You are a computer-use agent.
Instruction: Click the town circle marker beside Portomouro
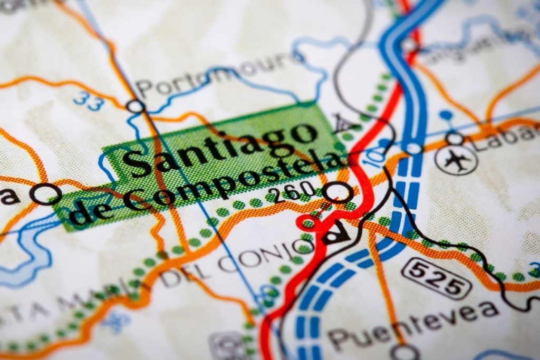click(136, 106)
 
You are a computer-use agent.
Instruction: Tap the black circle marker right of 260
click(337, 192)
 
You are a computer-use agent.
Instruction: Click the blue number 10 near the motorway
click(375, 156)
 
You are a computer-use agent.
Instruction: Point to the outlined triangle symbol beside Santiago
click(341, 123)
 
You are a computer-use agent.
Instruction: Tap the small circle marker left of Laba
click(454, 139)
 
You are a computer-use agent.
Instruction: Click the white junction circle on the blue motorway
click(414, 148)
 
